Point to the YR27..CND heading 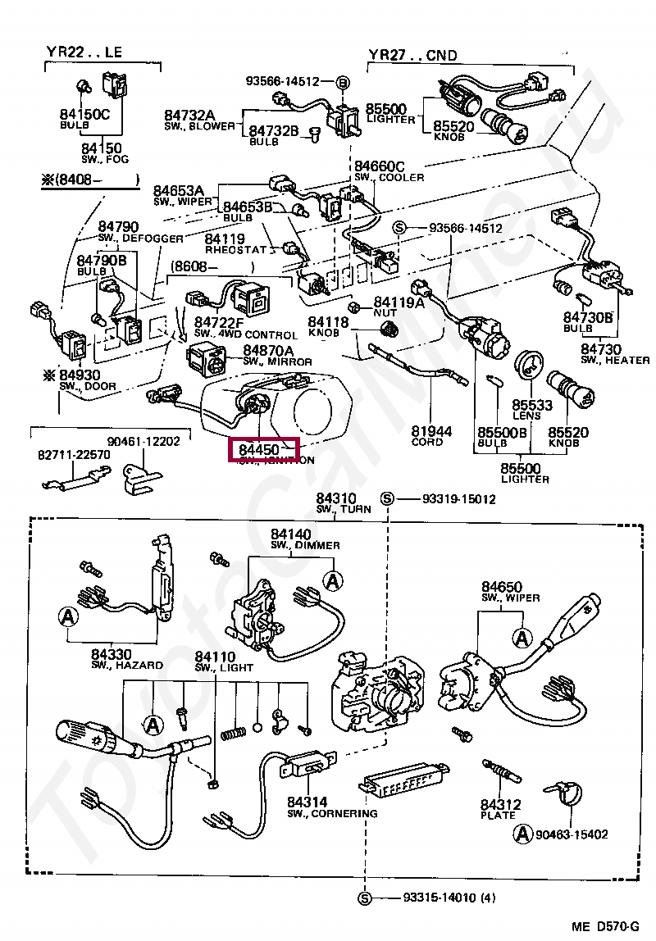point(412,55)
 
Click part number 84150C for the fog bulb point(84,114)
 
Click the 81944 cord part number point(427,430)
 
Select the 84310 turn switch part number point(336,498)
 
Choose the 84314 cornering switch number point(307,802)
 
